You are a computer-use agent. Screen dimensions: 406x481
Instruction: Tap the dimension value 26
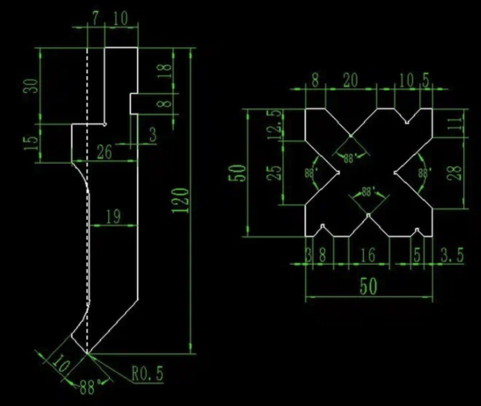point(104,149)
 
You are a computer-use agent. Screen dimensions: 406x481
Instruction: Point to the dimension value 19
point(112,215)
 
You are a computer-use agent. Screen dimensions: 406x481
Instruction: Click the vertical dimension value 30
point(32,86)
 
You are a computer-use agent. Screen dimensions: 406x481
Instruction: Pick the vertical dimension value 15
point(32,144)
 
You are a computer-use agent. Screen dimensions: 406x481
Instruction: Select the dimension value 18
point(166,71)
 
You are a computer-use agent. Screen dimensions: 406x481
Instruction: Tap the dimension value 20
point(350,80)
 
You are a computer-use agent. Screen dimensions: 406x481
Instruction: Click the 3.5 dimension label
point(453,257)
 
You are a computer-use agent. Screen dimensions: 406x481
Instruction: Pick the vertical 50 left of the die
point(238,173)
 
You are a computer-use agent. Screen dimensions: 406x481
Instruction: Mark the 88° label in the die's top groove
point(350,158)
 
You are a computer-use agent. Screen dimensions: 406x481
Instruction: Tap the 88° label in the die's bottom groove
point(368,193)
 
